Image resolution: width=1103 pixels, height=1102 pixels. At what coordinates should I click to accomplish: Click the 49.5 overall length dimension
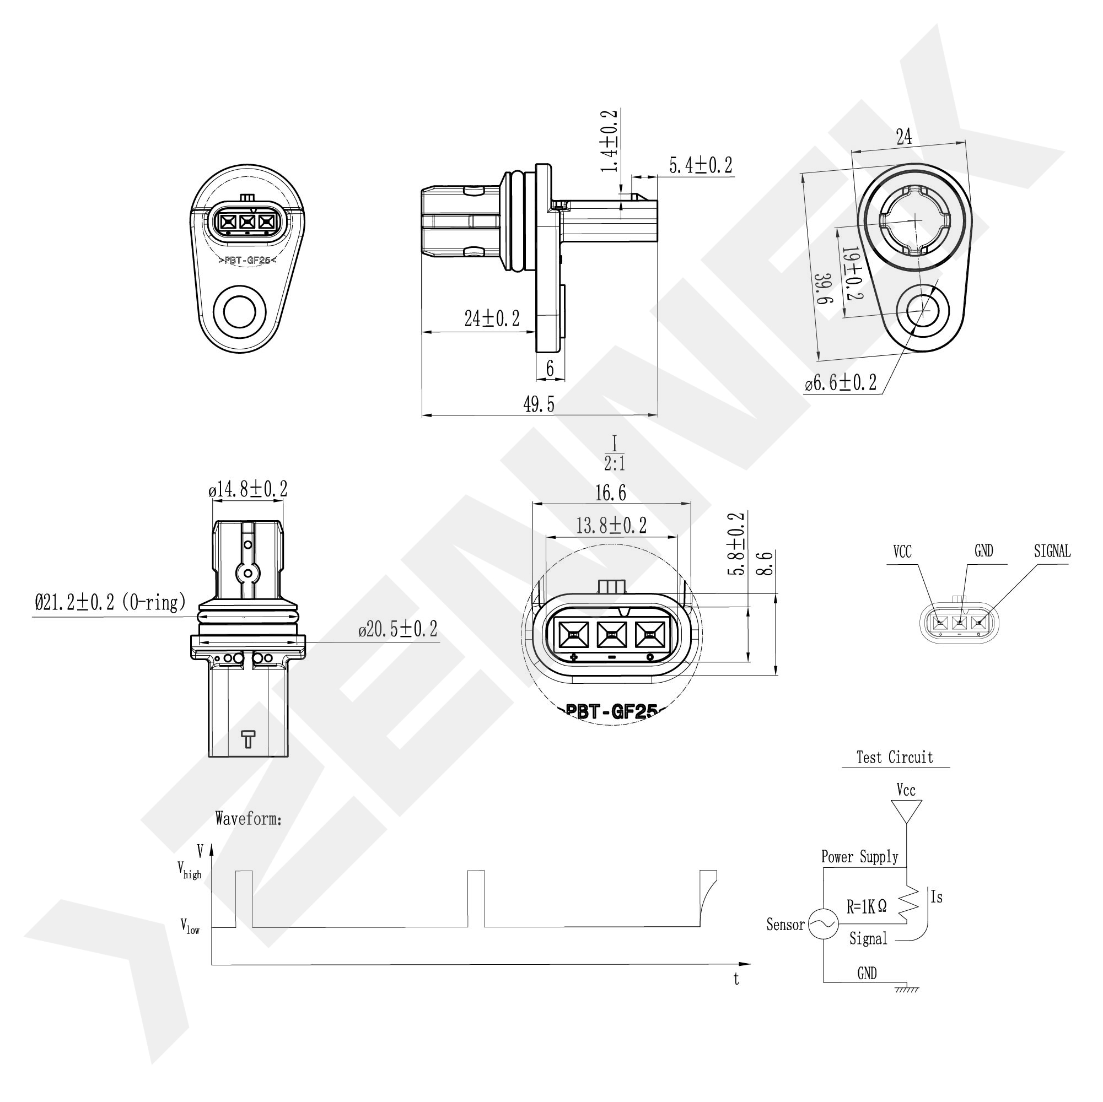[x=539, y=404]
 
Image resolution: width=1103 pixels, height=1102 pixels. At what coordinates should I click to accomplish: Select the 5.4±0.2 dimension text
[x=700, y=165]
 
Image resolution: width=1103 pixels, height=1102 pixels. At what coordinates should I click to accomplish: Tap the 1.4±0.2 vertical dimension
[x=610, y=141]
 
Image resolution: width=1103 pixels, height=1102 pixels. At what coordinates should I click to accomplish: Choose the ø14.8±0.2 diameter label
[x=248, y=490]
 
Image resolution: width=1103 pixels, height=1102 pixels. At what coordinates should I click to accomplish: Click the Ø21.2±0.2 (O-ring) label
[x=110, y=602]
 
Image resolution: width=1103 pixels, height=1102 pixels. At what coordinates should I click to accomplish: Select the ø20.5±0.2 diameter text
[x=398, y=629]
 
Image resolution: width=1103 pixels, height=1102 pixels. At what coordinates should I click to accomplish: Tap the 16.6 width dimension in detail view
[x=610, y=493]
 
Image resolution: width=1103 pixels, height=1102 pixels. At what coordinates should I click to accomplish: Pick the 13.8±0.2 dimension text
[x=611, y=526]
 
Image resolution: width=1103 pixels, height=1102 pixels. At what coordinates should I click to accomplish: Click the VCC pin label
[x=902, y=552]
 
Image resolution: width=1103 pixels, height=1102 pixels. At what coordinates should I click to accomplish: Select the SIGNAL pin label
[x=1052, y=552]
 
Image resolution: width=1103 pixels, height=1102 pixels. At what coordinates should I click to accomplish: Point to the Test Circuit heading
[x=895, y=758]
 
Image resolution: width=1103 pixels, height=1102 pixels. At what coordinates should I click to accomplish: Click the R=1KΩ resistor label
[x=866, y=907]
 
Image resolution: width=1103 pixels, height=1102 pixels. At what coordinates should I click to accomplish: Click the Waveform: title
[x=249, y=819]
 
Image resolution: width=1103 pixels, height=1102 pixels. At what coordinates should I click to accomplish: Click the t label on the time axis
[x=736, y=979]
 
